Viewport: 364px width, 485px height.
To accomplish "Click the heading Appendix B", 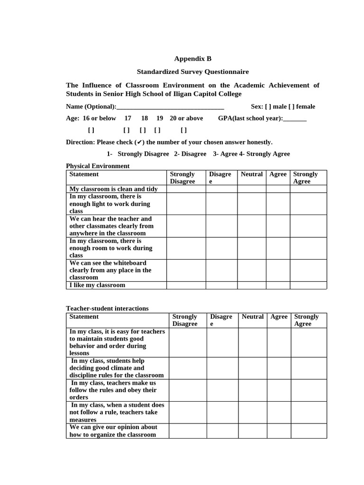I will pos(192,59).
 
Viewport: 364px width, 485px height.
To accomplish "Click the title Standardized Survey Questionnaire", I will pos(192,72).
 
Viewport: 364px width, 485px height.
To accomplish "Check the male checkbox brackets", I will pos(268,107).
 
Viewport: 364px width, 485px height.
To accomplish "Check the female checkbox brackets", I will pos(291,107).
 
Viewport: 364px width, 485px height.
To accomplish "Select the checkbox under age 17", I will pos(127,130).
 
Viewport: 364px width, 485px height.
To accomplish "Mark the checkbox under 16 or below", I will pos(91,130).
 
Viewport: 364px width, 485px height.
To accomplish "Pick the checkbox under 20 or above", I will pos(184,130).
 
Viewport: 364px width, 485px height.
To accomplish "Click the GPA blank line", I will pos(295,119).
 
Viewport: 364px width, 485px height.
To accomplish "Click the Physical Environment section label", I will pos(98,166).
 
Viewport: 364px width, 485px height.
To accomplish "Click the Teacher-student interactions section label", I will pos(107,308).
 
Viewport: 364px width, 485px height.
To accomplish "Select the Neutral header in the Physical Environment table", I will pos(252,174).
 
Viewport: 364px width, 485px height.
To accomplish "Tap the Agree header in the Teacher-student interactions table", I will pos(279,317).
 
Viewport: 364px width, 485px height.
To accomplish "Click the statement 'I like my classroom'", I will pos(97,285).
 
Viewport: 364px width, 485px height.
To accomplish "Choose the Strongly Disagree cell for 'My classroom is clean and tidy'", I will pos(186,189).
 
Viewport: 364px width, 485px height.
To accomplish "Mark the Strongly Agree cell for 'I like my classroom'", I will pos(308,285).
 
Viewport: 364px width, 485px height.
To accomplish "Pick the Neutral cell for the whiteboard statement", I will pos(252,270).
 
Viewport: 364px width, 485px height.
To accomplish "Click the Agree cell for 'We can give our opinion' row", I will pos(279,431).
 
